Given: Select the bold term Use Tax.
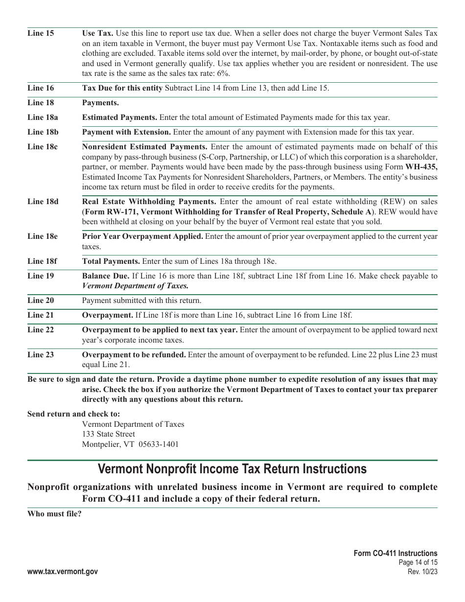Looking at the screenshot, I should click(97, 33).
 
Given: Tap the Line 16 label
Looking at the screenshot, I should click(41, 88).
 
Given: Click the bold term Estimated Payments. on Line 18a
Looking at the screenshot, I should click(119, 117).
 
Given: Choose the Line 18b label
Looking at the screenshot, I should click(43, 132).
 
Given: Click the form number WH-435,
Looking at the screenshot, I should click(424, 167).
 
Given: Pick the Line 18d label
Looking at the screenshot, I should click(43, 202).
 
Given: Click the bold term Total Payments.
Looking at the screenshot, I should click(111, 261).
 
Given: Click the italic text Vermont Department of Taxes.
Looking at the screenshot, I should click(135, 286).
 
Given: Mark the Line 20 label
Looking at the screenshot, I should click(41, 301).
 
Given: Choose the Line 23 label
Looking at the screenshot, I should click(41, 354).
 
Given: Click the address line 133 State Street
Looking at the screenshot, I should click(108, 434).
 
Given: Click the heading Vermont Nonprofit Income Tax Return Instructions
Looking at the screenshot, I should click(232, 469).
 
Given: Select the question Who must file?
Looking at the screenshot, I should click(54, 514).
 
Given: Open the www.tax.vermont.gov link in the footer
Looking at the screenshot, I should click(63, 572).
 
